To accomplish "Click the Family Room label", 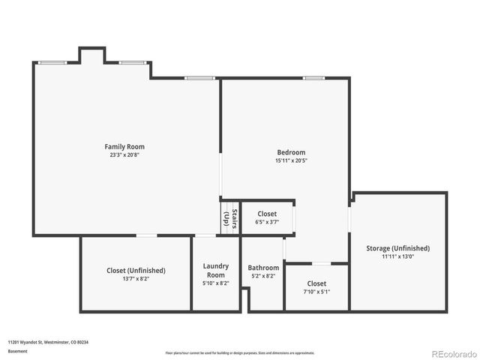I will pos(124,147).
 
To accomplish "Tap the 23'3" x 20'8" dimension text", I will pos(124,154).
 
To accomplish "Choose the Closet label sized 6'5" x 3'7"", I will pos(267,214).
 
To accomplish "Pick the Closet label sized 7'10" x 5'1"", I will pos(316,283).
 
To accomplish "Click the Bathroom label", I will pos(263,268).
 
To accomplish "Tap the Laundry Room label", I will pos(216,270).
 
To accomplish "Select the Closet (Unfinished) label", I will pos(136,270).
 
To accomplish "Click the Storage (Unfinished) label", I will pos(397,248).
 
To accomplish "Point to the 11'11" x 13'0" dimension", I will pos(397,256).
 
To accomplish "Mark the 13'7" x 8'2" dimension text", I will pos(136,278).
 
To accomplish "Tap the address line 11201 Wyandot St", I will pos(48,341).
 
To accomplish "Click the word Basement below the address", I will pos(18,351).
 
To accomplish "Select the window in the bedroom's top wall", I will pos(313,78).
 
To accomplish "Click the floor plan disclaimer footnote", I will pos(240,352).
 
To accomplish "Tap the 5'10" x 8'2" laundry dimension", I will pos(216,283).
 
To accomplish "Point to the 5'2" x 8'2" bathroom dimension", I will pos(263,276).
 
